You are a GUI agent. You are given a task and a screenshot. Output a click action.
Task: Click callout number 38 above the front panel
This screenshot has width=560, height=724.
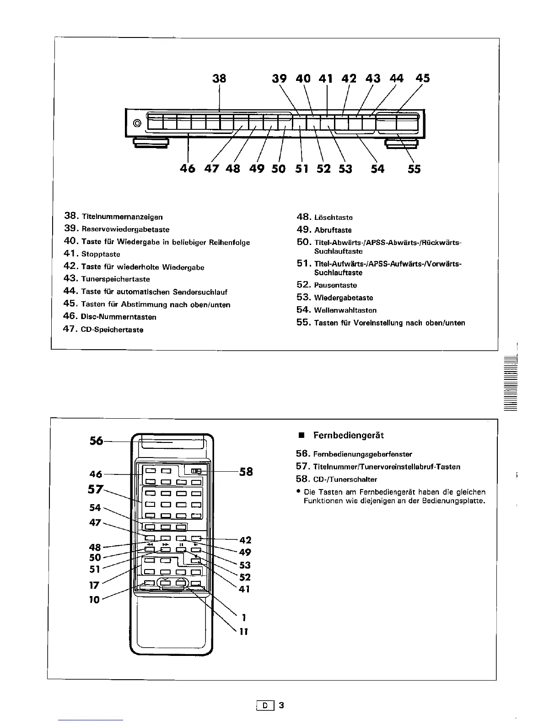pyautogui.click(x=220, y=78)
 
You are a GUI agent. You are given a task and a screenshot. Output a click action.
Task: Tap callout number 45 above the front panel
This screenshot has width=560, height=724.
pyautogui.click(x=423, y=78)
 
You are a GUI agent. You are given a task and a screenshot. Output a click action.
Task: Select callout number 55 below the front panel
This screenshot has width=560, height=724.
pyautogui.click(x=414, y=169)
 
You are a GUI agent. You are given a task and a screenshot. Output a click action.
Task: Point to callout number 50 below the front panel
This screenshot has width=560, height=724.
pyautogui.click(x=278, y=169)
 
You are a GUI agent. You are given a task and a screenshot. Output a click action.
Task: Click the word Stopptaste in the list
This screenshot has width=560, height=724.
pyautogui.click(x=101, y=254)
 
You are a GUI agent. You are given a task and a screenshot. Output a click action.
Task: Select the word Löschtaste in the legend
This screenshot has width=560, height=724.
pyautogui.click(x=333, y=218)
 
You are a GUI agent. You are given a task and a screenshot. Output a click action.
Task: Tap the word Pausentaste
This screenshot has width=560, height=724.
pyautogui.click(x=335, y=285)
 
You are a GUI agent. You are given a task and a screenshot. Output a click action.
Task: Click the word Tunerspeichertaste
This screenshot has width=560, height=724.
pyautogui.click(x=115, y=279)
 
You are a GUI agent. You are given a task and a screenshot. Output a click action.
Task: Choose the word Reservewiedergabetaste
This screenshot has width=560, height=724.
pyautogui.click(x=125, y=229)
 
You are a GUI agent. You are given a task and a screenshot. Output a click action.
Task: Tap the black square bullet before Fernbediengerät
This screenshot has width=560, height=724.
pyautogui.click(x=302, y=436)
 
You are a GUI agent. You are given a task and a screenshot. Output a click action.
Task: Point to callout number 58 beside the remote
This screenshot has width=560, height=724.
pyautogui.click(x=246, y=471)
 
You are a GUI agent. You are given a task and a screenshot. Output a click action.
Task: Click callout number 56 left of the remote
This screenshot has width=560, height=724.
pyautogui.click(x=97, y=441)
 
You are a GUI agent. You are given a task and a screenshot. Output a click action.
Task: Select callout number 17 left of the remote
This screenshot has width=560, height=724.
pyautogui.click(x=95, y=585)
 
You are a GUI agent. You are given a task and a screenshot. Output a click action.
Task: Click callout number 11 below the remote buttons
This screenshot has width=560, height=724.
pyautogui.click(x=244, y=632)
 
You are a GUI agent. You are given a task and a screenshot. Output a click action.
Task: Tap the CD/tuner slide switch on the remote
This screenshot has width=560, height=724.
pyautogui.click(x=196, y=471)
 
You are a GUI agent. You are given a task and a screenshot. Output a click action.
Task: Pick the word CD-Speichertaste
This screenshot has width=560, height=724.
pyautogui.click(x=112, y=330)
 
